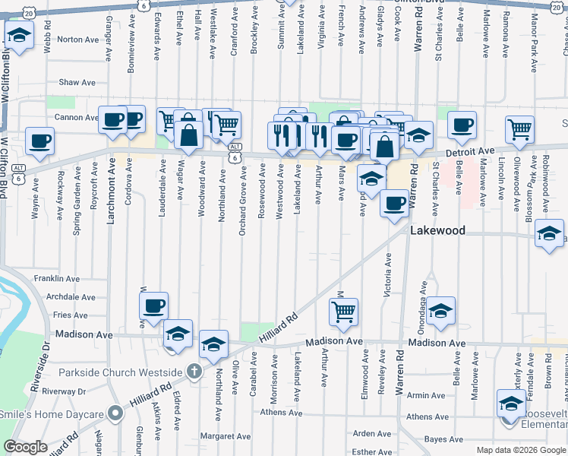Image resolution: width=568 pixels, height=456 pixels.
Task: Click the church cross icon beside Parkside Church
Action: (194, 372)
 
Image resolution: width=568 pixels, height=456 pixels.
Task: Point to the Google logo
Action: (26, 447)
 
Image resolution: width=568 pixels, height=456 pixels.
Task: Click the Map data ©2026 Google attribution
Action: (520, 450)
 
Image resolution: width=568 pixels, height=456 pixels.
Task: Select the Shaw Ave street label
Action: (78, 82)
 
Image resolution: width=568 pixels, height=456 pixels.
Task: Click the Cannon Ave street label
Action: (76, 118)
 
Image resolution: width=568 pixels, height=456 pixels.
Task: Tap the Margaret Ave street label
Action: (226, 436)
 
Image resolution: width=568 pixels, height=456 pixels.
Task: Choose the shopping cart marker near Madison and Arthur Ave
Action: (344, 310)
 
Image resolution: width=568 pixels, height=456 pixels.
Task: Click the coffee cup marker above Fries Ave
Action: (154, 306)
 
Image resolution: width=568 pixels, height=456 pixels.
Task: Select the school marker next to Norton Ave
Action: (19, 34)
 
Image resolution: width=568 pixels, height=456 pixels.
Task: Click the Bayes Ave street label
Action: (444, 439)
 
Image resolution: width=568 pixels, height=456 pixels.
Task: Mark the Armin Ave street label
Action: (426, 395)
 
